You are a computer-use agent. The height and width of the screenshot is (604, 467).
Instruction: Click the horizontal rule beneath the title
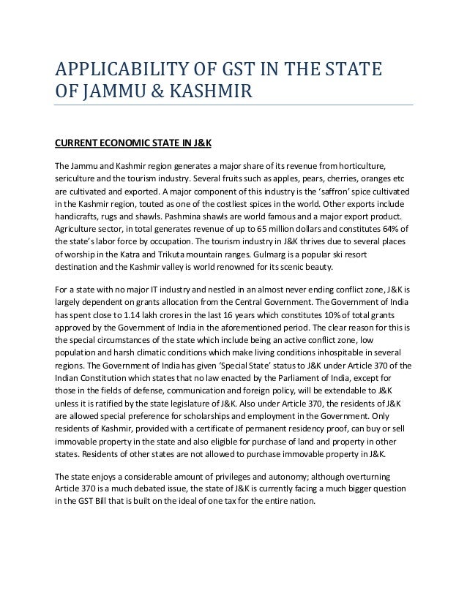pos(234,105)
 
